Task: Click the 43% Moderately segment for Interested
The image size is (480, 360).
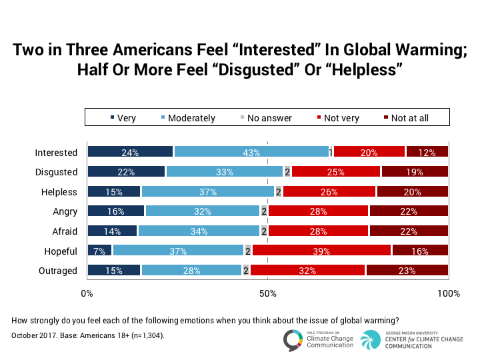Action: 251,152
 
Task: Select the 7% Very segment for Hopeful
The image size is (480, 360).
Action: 100,251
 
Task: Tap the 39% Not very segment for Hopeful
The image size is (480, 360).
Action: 321,251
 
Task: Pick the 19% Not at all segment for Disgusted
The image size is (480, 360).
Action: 414,172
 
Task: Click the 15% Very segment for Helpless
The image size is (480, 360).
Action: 114,192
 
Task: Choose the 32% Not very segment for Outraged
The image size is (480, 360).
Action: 307,271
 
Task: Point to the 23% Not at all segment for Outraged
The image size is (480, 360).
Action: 407,271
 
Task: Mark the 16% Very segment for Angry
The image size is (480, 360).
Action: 116,211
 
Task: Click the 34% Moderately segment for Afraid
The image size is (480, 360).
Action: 198,231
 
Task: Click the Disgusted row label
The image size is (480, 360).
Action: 56,172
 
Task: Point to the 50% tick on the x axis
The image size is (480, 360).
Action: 267,294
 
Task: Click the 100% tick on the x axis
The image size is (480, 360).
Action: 449,294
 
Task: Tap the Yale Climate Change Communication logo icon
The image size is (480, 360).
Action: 293,339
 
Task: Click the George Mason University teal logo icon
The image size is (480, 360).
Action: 371,339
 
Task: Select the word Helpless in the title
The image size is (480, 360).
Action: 362,69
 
